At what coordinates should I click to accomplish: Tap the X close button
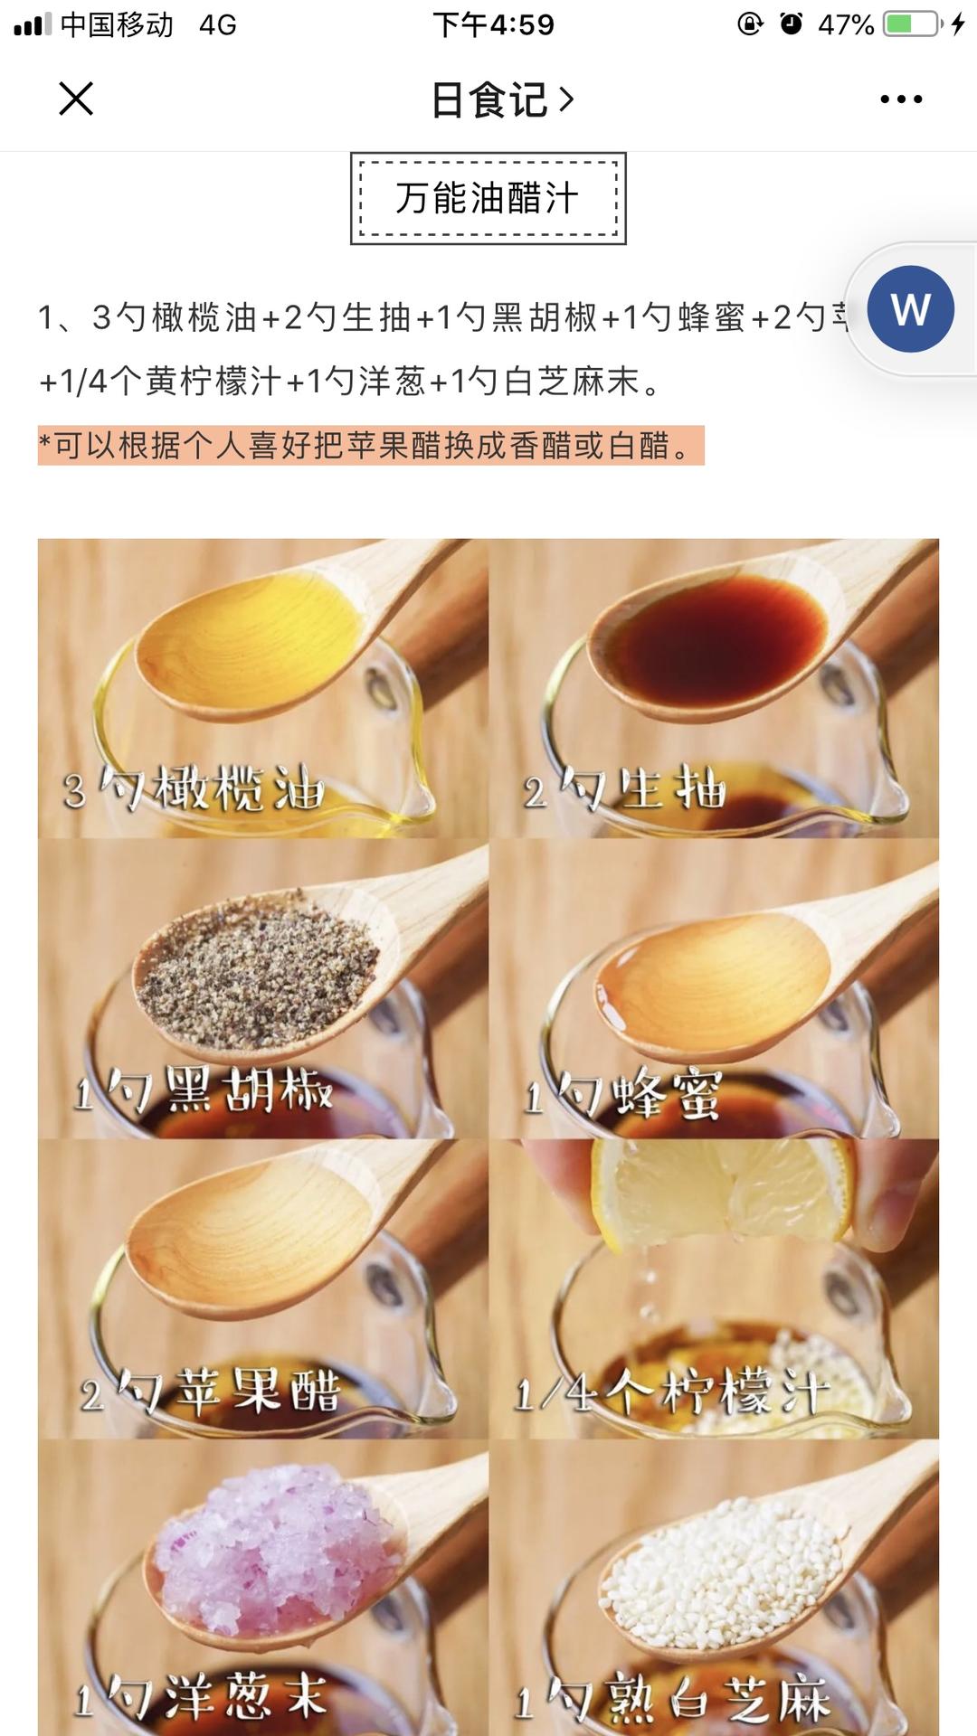coord(76,99)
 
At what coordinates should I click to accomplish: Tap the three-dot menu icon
coord(901,99)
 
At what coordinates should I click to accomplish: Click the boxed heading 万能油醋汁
coord(488,198)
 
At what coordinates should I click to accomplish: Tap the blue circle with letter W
coord(910,309)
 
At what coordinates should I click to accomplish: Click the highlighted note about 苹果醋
coord(370,445)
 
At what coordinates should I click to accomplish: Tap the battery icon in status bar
coord(911,24)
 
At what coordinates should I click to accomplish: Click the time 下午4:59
coord(493,24)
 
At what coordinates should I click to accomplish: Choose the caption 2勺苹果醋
coord(210,1392)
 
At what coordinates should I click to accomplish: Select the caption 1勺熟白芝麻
coord(671,1698)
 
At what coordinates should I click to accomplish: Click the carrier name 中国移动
coord(116,24)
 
